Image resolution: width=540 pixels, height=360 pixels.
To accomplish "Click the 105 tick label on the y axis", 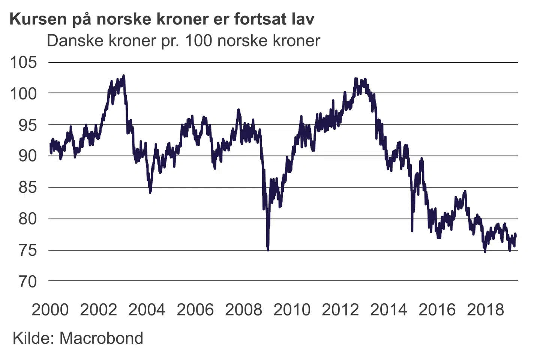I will click(x=24, y=62).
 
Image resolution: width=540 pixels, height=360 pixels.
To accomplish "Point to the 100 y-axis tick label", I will click(x=24, y=93).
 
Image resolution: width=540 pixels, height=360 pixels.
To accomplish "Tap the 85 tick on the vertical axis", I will click(x=28, y=187).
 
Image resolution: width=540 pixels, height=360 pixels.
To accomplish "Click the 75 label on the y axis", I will click(x=28, y=250).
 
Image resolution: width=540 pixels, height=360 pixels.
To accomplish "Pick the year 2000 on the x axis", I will click(x=50, y=310).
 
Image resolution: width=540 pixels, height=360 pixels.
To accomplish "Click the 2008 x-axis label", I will click(x=244, y=310).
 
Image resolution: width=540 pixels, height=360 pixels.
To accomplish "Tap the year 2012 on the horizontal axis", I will click(x=340, y=310).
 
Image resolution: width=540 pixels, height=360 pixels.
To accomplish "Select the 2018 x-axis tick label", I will click(x=486, y=310).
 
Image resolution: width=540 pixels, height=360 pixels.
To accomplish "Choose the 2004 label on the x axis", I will click(x=147, y=310).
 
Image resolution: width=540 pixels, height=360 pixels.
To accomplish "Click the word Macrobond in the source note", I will click(x=101, y=338).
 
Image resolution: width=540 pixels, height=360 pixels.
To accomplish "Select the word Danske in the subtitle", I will click(x=75, y=40).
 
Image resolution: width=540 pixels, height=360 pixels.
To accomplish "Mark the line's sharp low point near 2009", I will click(x=268, y=249).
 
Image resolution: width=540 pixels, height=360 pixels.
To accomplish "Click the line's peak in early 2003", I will click(x=124, y=76).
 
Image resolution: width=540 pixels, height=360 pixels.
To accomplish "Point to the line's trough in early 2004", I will click(x=150, y=192).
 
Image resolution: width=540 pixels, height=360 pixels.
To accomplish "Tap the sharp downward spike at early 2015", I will click(x=412, y=231).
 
